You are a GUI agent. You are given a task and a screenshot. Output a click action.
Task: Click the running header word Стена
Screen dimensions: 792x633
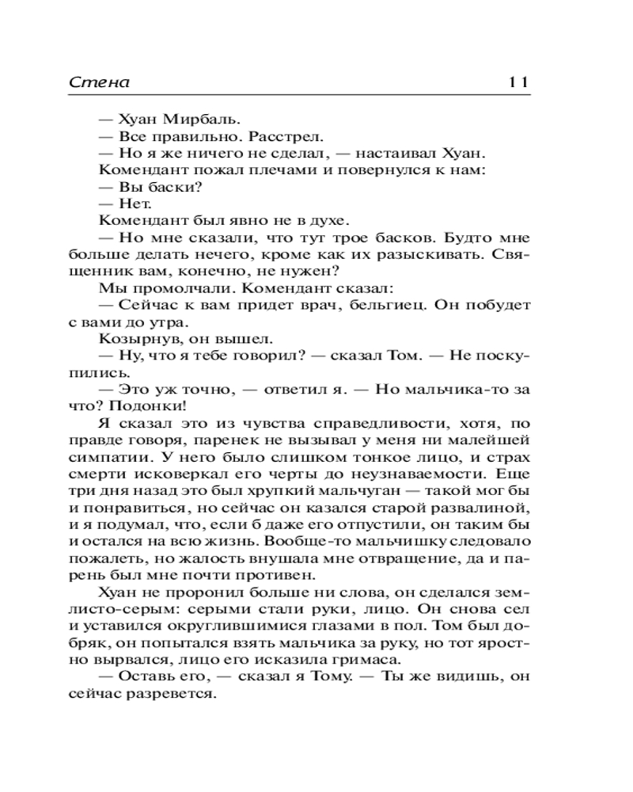(99, 82)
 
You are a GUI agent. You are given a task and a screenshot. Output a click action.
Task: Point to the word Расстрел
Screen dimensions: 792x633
(242, 136)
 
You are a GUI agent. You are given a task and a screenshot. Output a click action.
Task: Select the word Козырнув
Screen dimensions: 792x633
(133, 339)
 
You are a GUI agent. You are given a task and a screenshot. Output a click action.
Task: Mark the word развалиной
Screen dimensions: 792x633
(484, 508)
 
